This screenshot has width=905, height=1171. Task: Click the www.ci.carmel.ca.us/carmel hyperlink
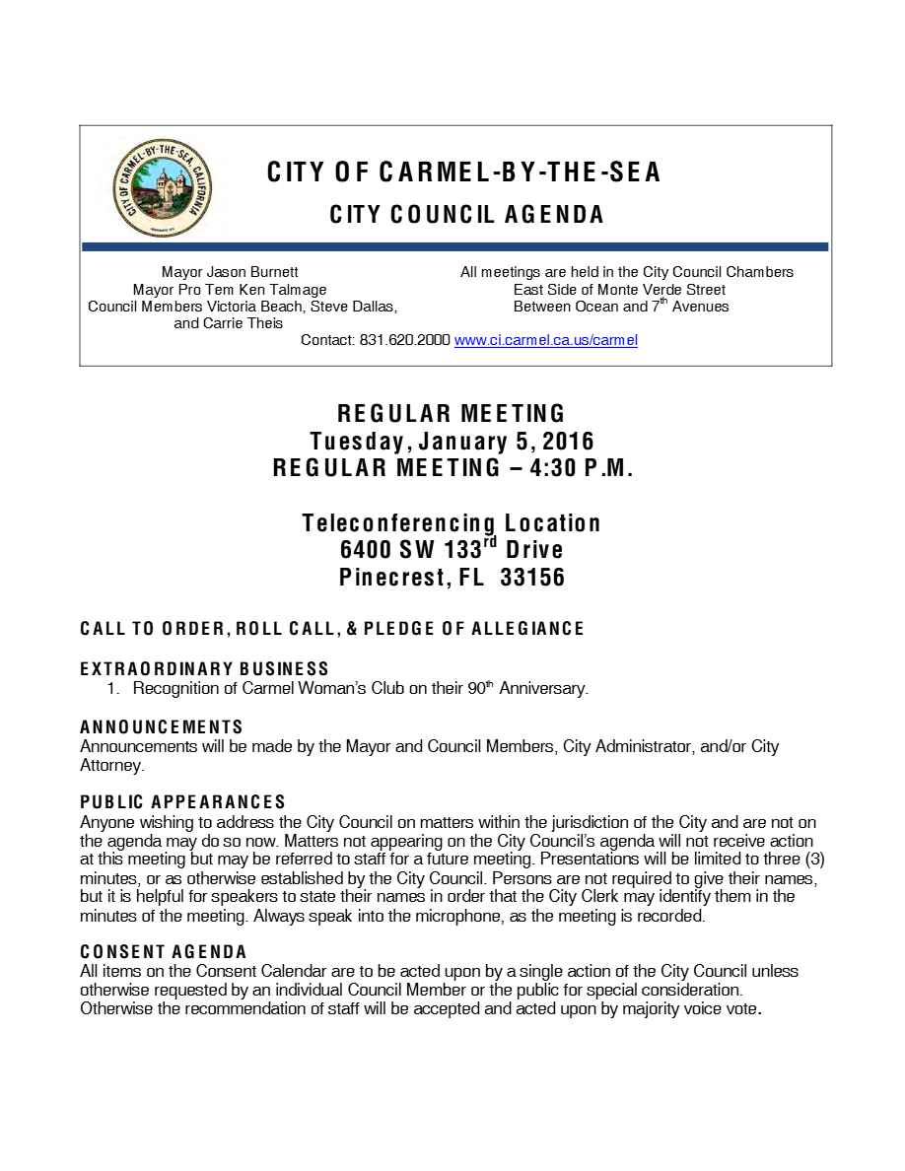[545, 340]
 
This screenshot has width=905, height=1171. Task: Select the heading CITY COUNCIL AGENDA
[466, 214]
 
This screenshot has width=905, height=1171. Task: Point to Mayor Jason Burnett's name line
[230, 272]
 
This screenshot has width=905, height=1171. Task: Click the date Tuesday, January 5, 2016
[452, 440]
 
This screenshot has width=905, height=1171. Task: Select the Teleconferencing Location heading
[452, 522]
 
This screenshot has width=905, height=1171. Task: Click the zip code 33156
[532, 578]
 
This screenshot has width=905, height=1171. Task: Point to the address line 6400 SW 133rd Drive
[452, 550]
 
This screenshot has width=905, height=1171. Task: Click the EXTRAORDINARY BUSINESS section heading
[204, 669]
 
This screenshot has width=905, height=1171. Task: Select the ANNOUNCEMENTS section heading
[161, 727]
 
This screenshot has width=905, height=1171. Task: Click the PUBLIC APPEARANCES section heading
[182, 802]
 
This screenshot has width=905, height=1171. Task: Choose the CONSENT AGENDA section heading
[163, 952]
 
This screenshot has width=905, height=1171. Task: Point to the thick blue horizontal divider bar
[454, 246]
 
